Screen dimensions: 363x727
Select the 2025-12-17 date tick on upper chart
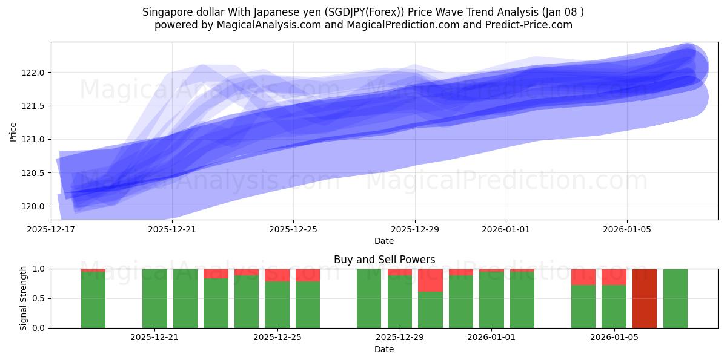[x=51, y=229]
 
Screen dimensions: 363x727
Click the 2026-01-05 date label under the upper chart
[x=626, y=229]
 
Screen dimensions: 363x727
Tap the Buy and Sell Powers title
[x=384, y=260]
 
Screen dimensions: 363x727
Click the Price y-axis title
[x=13, y=131]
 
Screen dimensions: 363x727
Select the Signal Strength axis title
[x=24, y=298]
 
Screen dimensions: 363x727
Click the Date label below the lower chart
[x=384, y=349]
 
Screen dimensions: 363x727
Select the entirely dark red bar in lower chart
[x=645, y=298]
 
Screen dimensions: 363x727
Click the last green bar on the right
[x=675, y=298]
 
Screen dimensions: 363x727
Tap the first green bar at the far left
[x=93, y=299]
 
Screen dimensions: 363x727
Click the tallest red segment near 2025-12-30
[x=430, y=280]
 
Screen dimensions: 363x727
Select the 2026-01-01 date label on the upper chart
[x=506, y=229]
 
